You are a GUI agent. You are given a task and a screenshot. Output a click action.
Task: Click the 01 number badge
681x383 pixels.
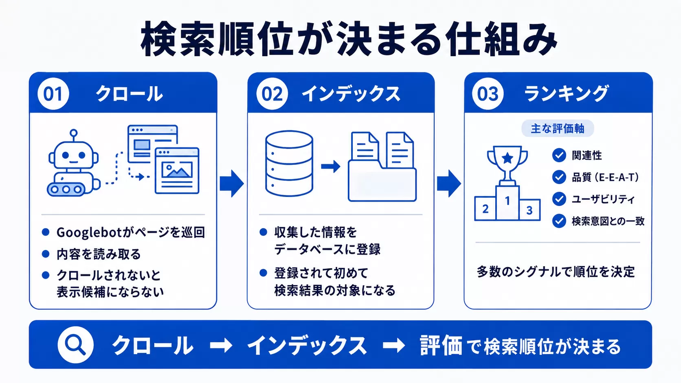pos(53,94)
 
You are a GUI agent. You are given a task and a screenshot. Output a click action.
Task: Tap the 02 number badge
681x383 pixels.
pos(272,94)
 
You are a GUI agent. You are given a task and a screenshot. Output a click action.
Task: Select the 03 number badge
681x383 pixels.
pos(488,94)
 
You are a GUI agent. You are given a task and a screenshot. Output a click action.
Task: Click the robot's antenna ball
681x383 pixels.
pos(74,133)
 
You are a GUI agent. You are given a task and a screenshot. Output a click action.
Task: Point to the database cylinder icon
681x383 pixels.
pos(289,163)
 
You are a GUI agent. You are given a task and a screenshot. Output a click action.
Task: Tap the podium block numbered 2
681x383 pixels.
pos(485,209)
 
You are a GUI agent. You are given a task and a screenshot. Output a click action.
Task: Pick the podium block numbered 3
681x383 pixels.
pos(529,210)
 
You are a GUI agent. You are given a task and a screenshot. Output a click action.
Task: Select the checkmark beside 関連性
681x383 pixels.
pos(559,155)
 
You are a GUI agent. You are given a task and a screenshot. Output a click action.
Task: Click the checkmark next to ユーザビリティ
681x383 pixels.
pos(559,199)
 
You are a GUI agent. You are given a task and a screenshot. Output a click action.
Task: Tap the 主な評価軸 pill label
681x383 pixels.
pos(558,129)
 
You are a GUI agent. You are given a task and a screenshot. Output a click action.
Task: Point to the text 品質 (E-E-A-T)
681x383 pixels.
pos(605,177)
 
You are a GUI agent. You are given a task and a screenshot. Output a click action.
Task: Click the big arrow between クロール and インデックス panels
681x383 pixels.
pos(232,184)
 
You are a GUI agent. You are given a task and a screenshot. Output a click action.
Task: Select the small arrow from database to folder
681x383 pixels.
pos(331,166)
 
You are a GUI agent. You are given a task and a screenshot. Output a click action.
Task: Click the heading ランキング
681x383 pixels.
pos(566,94)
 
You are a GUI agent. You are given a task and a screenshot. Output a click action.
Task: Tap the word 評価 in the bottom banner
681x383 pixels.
pos(441,346)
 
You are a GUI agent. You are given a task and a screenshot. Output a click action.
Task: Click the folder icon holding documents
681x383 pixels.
pos(382,166)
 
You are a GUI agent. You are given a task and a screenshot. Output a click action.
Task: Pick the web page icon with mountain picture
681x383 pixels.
pos(177,171)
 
